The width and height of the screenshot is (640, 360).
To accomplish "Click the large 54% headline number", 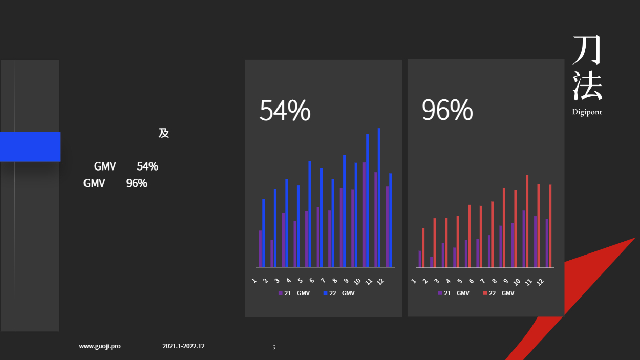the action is pyautogui.click(x=285, y=110).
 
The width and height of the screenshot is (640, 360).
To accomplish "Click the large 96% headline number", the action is pyautogui.click(x=447, y=110).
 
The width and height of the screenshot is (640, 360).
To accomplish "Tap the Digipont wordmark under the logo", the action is pyautogui.click(x=587, y=112).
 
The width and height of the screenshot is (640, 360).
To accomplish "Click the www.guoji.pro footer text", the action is pyautogui.click(x=100, y=346).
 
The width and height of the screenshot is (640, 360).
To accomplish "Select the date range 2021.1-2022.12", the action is pyautogui.click(x=183, y=346).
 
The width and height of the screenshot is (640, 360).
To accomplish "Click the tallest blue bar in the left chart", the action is pyautogui.click(x=379, y=198).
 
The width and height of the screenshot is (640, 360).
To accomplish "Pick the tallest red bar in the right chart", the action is pyautogui.click(x=527, y=221).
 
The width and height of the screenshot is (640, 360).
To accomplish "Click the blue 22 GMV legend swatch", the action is pyautogui.click(x=325, y=293).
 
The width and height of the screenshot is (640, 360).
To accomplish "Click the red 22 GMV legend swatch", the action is pyautogui.click(x=485, y=293).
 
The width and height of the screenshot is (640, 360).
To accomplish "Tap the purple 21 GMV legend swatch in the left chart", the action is pyautogui.click(x=280, y=293).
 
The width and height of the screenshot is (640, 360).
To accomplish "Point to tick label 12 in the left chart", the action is pyautogui.click(x=380, y=282).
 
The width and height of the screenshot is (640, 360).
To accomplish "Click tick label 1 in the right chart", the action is pyautogui.click(x=413, y=281).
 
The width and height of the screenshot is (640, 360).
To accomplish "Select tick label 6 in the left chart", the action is pyautogui.click(x=311, y=281).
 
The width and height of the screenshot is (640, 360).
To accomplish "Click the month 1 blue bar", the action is pyautogui.click(x=264, y=233).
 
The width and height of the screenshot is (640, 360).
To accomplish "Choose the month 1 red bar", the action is pyautogui.click(x=423, y=248).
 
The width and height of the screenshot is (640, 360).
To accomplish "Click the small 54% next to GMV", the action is pyautogui.click(x=147, y=166).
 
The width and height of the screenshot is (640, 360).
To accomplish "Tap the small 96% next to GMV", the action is pyautogui.click(x=137, y=183).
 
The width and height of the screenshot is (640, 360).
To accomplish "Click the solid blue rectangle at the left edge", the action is pyautogui.click(x=30, y=147).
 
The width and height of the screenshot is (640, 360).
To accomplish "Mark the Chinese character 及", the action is pyautogui.click(x=164, y=133).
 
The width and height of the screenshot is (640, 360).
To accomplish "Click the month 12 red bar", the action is pyautogui.click(x=550, y=226).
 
